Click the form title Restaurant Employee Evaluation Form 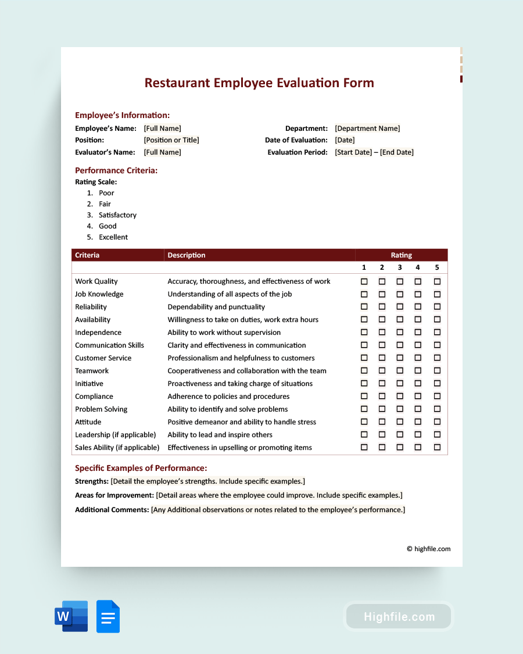click(x=259, y=83)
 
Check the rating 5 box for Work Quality click(x=437, y=281)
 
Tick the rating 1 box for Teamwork click(x=364, y=371)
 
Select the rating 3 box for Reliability click(x=400, y=307)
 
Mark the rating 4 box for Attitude click(x=418, y=422)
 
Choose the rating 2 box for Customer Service click(x=382, y=358)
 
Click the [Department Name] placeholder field click(x=367, y=128)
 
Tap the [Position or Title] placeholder click(x=171, y=140)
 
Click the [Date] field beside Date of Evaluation click(x=345, y=140)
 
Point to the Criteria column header click(x=87, y=255)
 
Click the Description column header click(x=187, y=255)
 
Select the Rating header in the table click(x=401, y=255)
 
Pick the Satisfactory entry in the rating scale click(x=117, y=215)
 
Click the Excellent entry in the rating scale click(x=113, y=237)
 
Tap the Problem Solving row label click(x=101, y=409)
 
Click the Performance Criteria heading click(x=116, y=170)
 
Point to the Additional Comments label click(x=112, y=510)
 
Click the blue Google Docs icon click(x=108, y=616)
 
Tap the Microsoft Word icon click(x=71, y=616)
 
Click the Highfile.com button click(x=399, y=617)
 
